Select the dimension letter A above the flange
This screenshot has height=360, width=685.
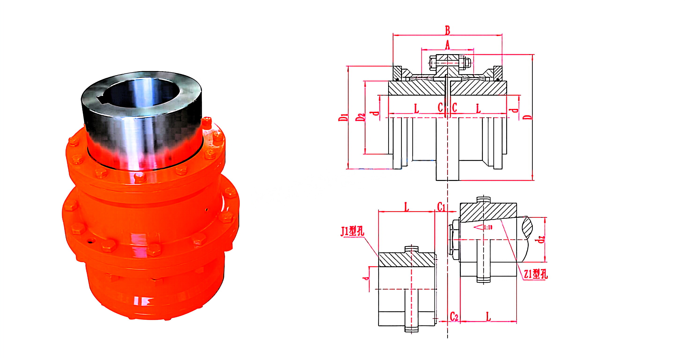(x=447, y=45)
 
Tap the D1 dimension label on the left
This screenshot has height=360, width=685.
(x=343, y=117)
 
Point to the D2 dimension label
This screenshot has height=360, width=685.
(x=360, y=117)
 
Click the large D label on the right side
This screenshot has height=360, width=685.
(x=529, y=117)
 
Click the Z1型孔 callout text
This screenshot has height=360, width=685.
(x=536, y=274)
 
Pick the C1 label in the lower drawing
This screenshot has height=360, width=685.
(x=441, y=207)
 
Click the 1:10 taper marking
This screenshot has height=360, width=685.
(x=488, y=227)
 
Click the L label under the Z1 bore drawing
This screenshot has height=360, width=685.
(x=488, y=317)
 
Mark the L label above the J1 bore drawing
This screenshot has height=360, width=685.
(x=406, y=207)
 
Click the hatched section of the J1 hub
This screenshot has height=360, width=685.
(x=407, y=260)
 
